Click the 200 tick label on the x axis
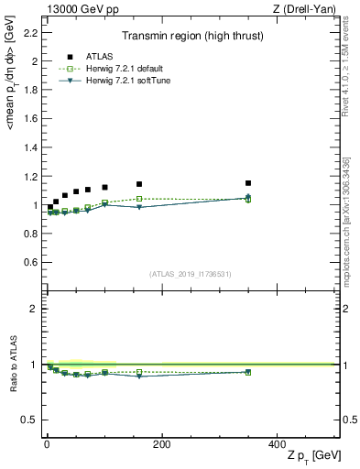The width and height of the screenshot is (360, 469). pos(161,444)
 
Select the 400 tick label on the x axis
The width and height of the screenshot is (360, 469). pos(277,444)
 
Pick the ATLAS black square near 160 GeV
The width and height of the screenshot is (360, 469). pos(139,184)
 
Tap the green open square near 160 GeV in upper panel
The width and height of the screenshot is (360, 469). pos(139,199)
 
